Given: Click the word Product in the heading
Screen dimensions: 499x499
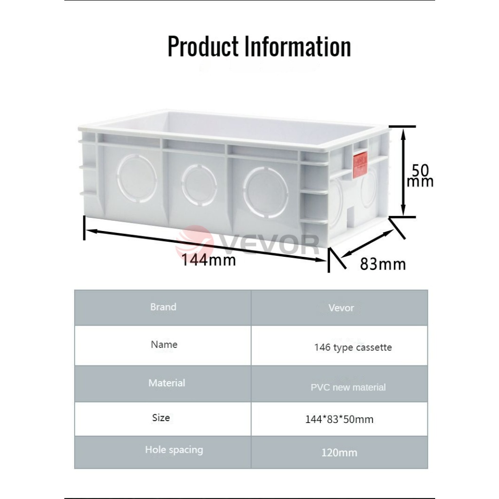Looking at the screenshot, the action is pos(203,47).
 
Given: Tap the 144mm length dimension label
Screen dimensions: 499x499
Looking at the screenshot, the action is pos(209,260).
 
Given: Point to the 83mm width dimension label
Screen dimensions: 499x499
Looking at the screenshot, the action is pos(383,264).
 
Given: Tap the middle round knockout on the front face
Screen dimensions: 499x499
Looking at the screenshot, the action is pos(199,185).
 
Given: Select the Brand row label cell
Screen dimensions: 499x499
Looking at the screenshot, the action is pos(163,307).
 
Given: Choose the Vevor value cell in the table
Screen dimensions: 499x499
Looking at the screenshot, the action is pos(341,308).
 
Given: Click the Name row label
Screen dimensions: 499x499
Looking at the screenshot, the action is pos(164,345).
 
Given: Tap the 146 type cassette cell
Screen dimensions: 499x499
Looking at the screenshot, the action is pos(353,347).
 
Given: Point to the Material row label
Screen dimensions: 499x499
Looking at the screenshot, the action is pos(167,383).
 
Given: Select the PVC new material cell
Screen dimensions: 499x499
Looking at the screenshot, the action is pos(348,387).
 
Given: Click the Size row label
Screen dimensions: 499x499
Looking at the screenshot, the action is pos(161,418).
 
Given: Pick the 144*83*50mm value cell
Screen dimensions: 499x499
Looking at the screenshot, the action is pos(339,419).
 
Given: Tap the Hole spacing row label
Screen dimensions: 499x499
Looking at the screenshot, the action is pos(173,450).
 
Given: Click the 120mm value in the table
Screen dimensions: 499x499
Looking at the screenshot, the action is pos(339,453).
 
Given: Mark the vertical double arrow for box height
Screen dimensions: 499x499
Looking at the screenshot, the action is pos(403,172).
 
